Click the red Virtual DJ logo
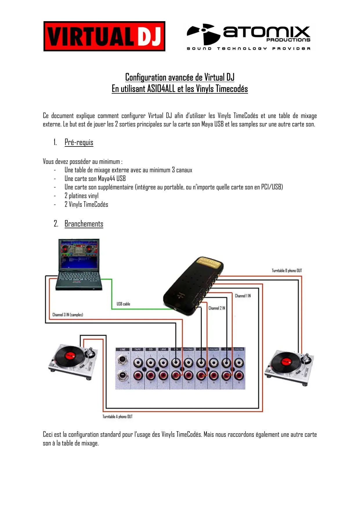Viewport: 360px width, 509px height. tap(104, 36)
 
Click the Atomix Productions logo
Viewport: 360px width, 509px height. tap(249, 37)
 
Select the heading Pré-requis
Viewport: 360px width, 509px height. tap(79, 142)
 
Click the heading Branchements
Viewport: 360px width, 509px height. tap(84, 224)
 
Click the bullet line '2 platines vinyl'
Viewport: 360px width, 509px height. tap(82, 196)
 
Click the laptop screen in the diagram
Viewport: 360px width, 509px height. tap(79, 254)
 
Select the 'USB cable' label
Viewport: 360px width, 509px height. tap(123, 304)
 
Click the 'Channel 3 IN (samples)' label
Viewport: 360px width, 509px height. tap(68, 315)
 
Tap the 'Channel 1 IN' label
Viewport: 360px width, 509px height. tap(243, 296)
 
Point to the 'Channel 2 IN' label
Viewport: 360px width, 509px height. tap(217, 308)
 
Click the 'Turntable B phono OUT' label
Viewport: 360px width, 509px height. tap(287, 271)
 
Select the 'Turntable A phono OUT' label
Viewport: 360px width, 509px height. tap(117, 416)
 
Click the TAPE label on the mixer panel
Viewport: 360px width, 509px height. tap(138, 349)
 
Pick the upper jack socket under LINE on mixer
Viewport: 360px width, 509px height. tap(122, 361)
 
